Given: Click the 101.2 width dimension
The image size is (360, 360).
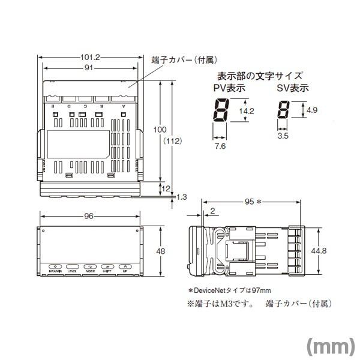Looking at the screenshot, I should click(90, 58).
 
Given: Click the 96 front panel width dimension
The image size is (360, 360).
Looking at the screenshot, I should click(89, 217).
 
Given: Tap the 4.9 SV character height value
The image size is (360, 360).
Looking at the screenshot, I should click(312, 111).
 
